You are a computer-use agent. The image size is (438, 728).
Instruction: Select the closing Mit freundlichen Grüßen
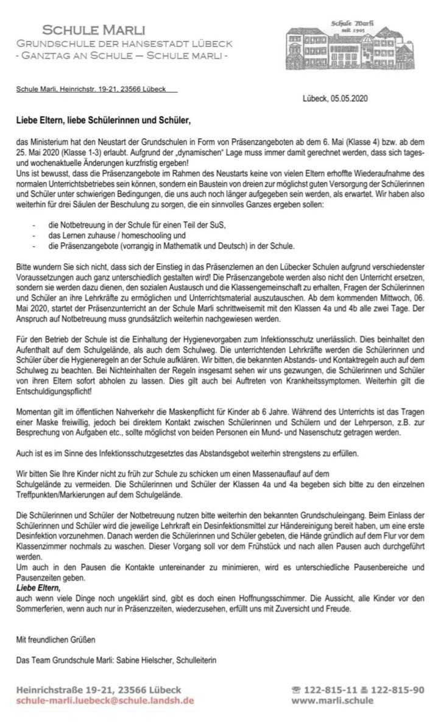point(57,640)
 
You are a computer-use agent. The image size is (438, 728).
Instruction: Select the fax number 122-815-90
point(396,690)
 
